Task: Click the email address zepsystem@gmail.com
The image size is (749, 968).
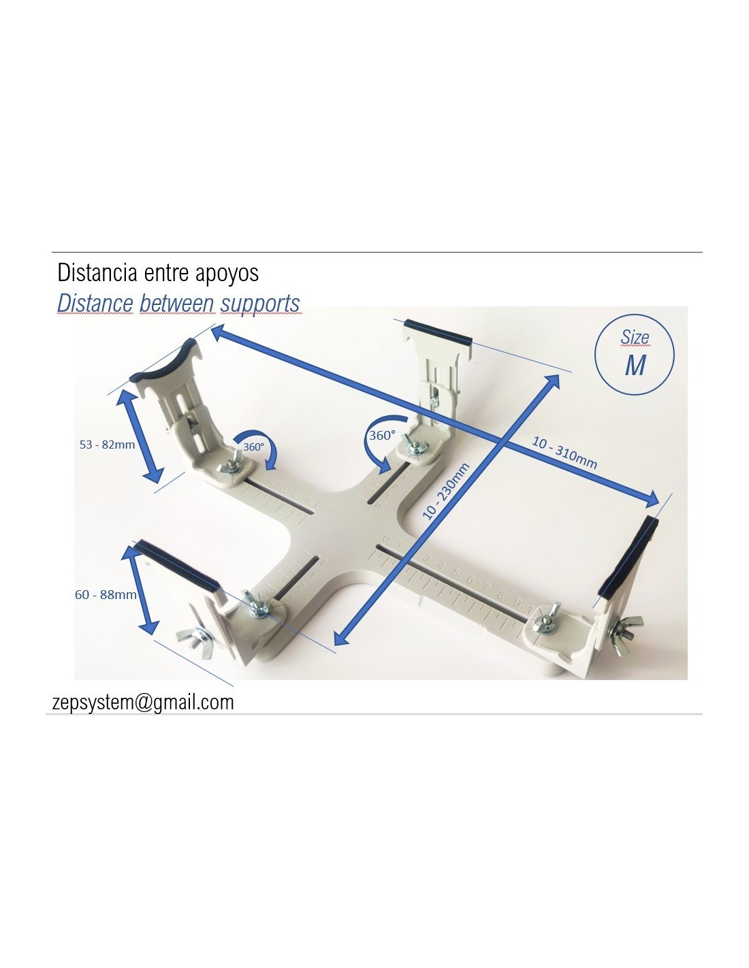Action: [x=143, y=703]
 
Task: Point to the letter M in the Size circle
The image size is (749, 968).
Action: [x=635, y=366]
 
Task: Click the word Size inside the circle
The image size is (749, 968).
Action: [x=635, y=338]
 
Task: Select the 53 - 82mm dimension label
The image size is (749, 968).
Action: [x=107, y=445]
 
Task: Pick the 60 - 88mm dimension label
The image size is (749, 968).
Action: [x=106, y=595]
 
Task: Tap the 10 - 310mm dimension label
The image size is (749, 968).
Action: [x=564, y=453]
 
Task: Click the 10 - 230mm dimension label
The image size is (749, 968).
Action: [x=445, y=491]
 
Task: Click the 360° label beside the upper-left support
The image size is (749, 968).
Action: [x=253, y=447]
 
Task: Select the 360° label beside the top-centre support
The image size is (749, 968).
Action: [x=382, y=435]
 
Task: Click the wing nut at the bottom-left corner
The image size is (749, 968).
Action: [x=195, y=641]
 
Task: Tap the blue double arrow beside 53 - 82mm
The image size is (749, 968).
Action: [x=139, y=436]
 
